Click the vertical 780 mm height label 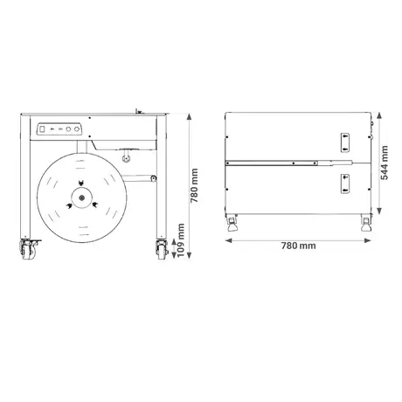(x=194, y=185)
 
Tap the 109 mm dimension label (x=181, y=240)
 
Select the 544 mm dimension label (x=385, y=163)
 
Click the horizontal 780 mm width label (x=299, y=246)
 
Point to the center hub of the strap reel (x=82, y=198)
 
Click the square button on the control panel (x=42, y=128)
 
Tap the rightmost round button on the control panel (x=77, y=128)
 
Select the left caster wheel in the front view (x=29, y=250)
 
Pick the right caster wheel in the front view (x=162, y=250)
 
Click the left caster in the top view (x=232, y=223)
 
